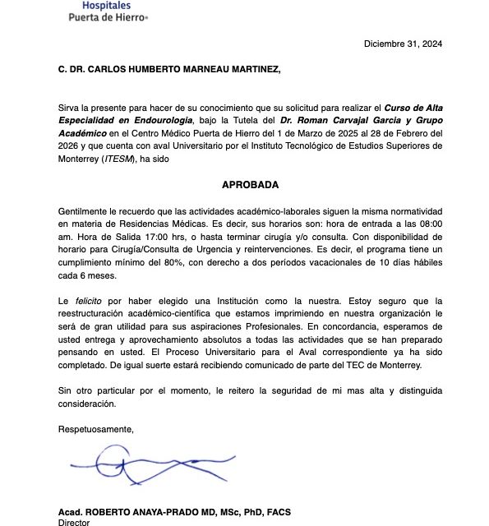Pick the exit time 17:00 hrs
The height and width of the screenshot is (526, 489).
(x=142, y=236)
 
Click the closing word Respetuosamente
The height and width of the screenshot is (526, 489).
(x=95, y=428)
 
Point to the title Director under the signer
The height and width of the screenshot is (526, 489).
(x=73, y=522)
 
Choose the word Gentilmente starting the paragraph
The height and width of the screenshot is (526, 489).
(x=85, y=210)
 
